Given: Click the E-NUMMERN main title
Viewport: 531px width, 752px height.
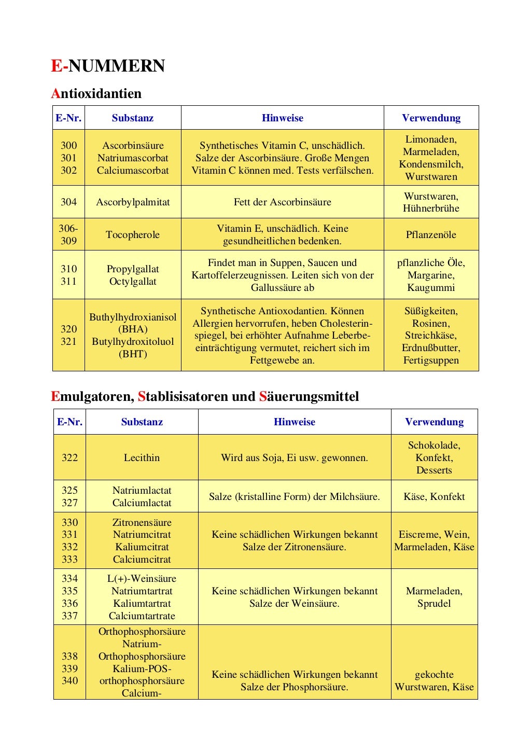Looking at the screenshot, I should [108, 66].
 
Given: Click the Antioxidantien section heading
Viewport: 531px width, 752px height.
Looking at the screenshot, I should [96, 94].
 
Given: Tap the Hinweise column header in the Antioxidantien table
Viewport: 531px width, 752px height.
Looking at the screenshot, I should [282, 118].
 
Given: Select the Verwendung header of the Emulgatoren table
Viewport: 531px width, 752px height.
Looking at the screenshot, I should [434, 422].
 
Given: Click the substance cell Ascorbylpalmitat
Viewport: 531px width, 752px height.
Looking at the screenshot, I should [133, 202].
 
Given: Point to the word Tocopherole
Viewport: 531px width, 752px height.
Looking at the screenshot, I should [133, 235].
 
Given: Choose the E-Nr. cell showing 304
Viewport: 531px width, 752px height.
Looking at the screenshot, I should [68, 202].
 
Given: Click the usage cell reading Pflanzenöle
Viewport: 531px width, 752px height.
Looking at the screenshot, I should [431, 235].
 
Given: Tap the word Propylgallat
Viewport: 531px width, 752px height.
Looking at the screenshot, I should [133, 269].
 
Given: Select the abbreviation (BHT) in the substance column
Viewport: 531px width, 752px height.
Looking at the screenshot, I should [133, 354].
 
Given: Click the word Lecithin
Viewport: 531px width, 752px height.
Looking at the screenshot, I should [142, 458].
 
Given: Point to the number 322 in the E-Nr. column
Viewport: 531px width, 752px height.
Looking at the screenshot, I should [69, 458].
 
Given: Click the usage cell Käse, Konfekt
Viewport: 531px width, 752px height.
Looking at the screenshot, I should [434, 497].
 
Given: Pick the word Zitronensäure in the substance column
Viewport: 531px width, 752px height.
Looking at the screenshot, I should [142, 523].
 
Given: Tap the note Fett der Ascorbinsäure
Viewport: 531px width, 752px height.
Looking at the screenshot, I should [282, 202].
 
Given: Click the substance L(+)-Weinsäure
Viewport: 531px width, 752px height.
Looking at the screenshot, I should [142, 579].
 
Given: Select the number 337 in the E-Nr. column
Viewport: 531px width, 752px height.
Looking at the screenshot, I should [69, 616].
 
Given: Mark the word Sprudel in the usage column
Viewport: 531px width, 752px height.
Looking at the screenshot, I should [434, 604].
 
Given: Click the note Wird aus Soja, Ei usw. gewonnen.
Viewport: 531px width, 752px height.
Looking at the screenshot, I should [294, 458].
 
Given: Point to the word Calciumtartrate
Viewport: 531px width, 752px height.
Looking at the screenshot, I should [142, 616].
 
